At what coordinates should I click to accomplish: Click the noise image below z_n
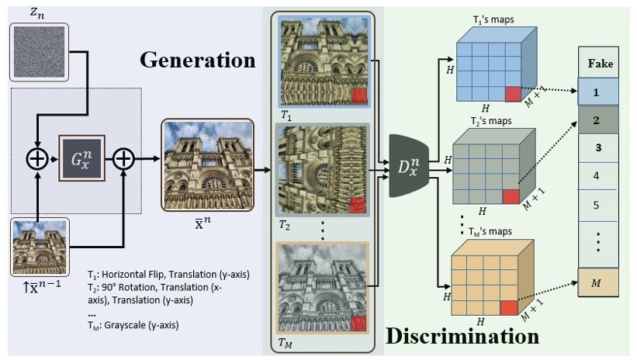click(x=38, y=51)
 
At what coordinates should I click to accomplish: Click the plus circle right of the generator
click(x=124, y=161)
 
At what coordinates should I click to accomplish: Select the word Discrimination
click(x=462, y=337)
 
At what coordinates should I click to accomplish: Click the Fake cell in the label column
click(x=597, y=63)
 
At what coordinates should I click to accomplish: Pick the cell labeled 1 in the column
click(x=597, y=92)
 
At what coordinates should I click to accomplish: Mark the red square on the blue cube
click(x=513, y=94)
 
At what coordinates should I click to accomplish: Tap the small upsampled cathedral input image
click(x=40, y=247)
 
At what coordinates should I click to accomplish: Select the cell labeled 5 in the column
click(x=597, y=206)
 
